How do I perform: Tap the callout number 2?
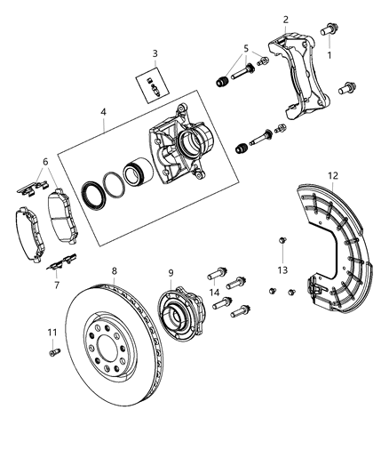tap(285, 20)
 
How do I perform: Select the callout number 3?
tap(155, 53)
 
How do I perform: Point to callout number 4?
tap(104, 112)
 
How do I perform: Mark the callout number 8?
tap(114, 270)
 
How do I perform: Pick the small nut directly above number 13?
tap(281, 240)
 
